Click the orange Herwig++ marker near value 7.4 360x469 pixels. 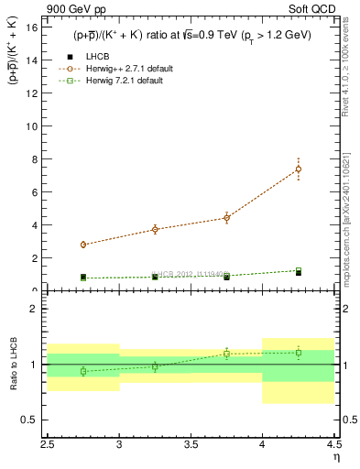point(299,169)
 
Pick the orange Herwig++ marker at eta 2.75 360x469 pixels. point(83,245)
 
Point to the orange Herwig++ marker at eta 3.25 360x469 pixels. point(155,229)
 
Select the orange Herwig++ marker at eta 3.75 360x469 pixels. point(226,218)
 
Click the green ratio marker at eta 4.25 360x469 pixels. point(299,353)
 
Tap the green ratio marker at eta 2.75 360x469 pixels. point(83,371)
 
